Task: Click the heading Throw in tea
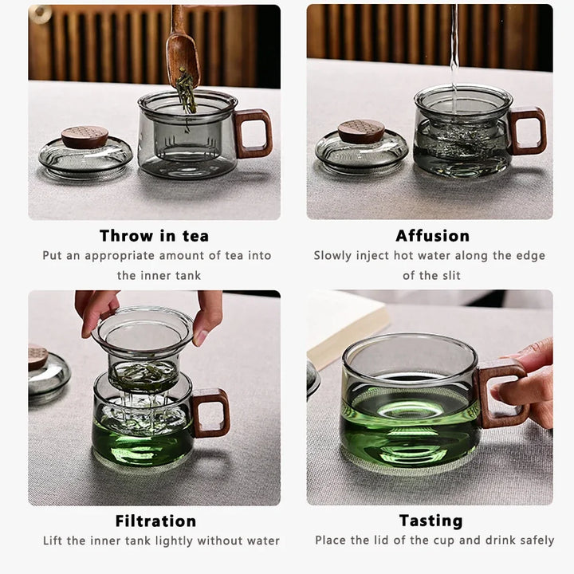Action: coord(154,235)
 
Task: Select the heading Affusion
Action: coord(432,235)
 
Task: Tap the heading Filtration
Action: coord(155,521)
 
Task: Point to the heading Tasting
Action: coord(431,521)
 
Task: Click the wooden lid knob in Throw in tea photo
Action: coord(85,137)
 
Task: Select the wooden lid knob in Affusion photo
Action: coord(360,132)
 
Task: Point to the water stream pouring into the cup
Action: coord(454,48)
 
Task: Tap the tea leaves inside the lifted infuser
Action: coord(145,372)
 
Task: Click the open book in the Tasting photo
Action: coord(343,324)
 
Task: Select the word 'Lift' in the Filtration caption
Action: coord(55,541)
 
